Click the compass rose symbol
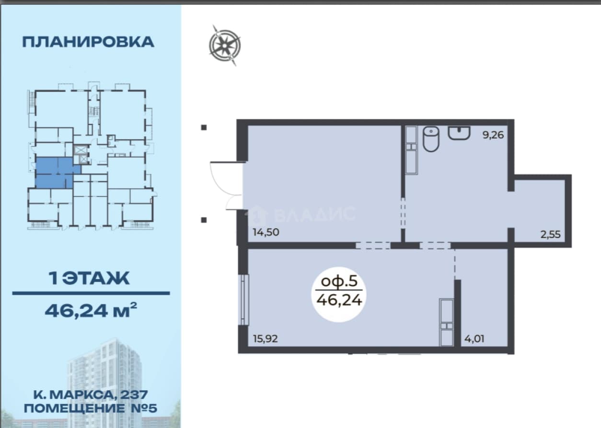click(225, 45)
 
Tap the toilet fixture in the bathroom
click(431, 139)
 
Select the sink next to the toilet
click(459, 133)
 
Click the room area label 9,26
click(493, 135)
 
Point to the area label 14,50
click(266, 232)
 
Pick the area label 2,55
click(551, 235)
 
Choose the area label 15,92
click(266, 339)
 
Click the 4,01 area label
click(474, 339)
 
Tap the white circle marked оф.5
click(339, 294)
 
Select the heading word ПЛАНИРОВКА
click(88, 42)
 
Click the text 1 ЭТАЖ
click(89, 278)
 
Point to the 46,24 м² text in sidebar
click(91, 310)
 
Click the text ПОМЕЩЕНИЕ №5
click(91, 408)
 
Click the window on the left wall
click(244, 300)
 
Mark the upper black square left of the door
click(204, 127)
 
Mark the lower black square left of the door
click(204, 220)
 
